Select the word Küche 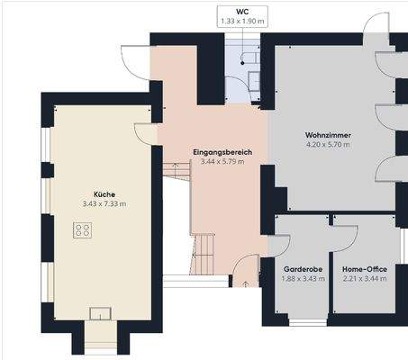tap(104, 193)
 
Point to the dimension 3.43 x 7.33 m tap(104, 204)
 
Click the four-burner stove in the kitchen tap(83, 230)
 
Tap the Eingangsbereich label tap(222, 153)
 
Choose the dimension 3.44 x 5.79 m tap(222, 164)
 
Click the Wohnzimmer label tap(328, 135)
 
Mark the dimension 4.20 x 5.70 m tap(328, 145)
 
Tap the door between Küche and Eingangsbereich tap(146, 133)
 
